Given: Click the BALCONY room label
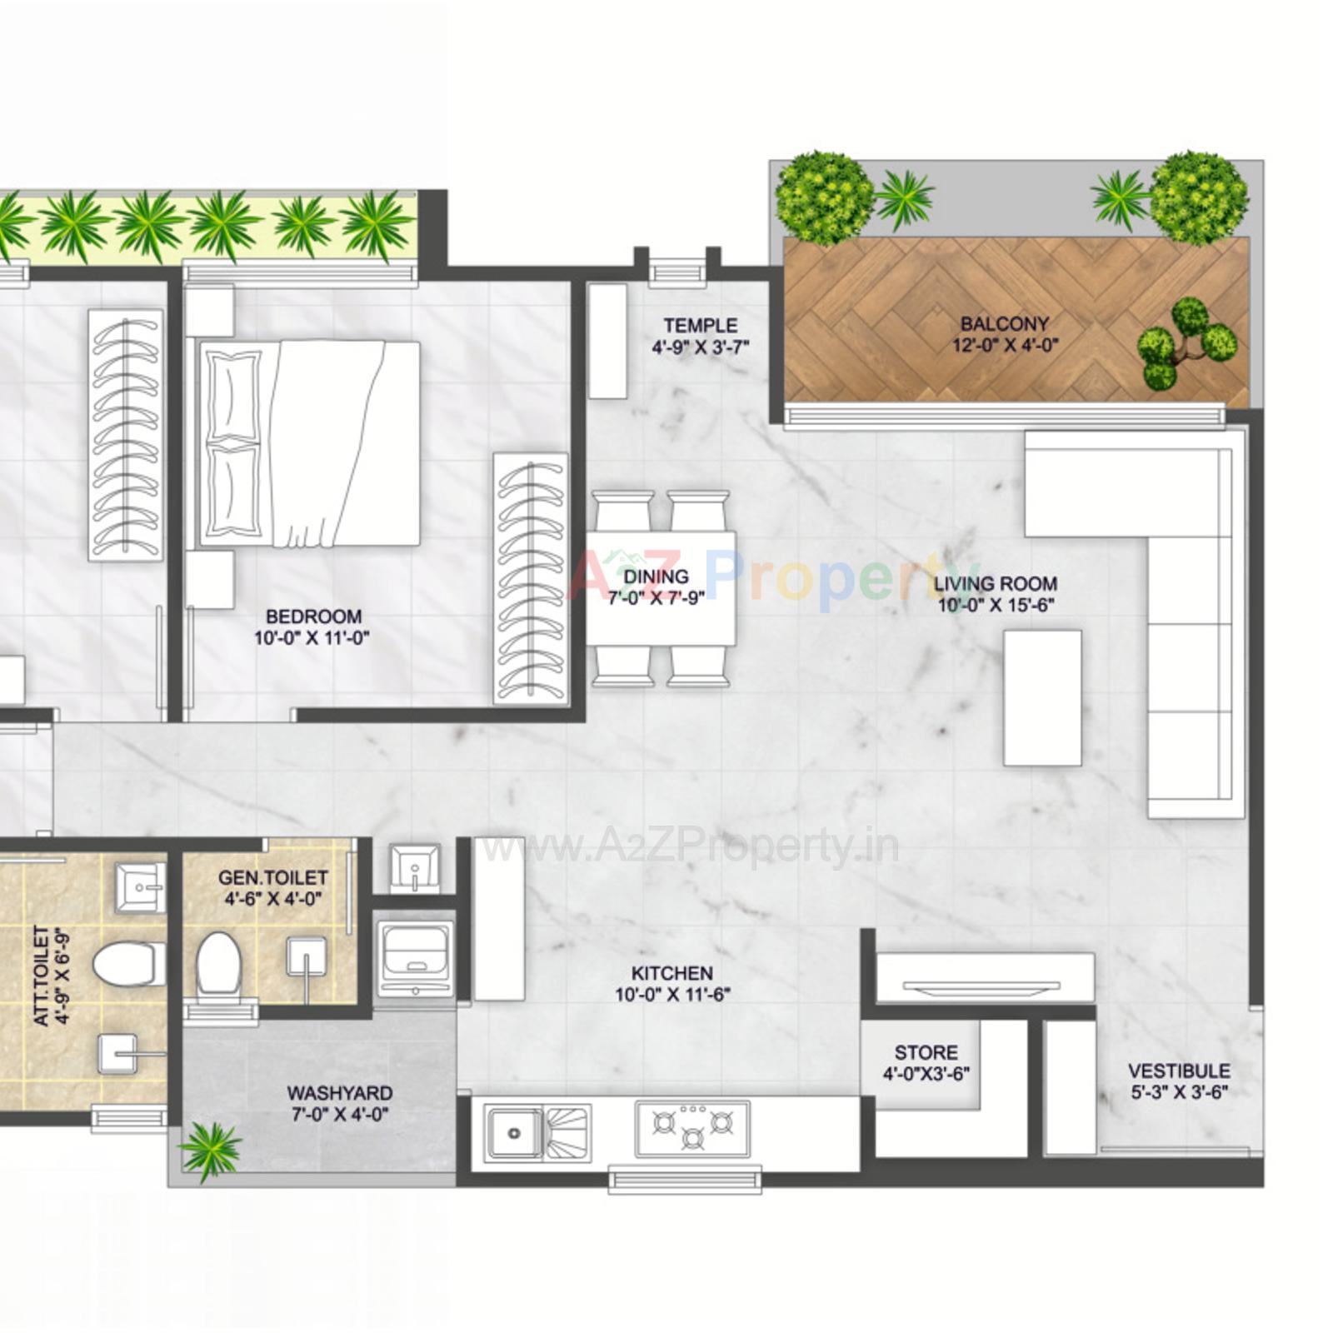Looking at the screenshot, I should tap(1004, 323).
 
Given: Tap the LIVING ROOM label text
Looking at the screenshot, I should tap(995, 584).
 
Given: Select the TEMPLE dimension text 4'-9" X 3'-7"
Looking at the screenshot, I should tap(700, 347).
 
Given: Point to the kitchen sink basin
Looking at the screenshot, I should tap(514, 1133).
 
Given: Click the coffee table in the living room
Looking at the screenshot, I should tap(1042, 697).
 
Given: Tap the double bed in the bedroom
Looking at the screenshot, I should tap(309, 443).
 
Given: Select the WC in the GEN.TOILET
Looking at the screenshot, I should tap(218, 965).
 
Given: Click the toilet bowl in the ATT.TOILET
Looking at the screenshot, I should tap(127, 964).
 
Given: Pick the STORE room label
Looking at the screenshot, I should tap(926, 1052).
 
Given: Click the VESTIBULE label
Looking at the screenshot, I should tap(1178, 1071).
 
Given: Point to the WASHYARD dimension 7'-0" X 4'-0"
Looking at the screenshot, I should tap(339, 1114).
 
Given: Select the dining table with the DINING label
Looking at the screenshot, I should tap(661, 587).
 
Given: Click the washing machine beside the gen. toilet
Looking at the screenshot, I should tap(415, 958).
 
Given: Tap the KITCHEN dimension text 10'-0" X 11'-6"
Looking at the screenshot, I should tap(672, 994).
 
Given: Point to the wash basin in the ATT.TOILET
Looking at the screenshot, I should tap(139, 887).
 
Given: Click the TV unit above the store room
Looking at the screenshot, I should tap(985, 976).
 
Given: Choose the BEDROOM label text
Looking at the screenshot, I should tap(313, 617).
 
